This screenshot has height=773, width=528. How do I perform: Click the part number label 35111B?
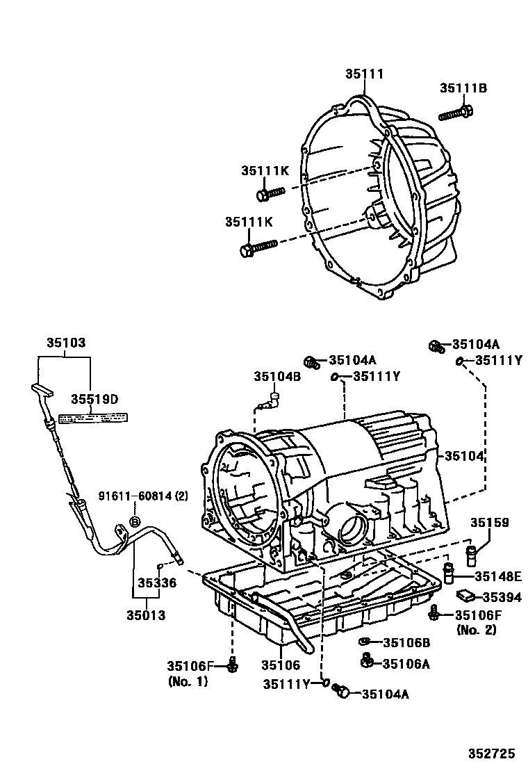pos(463,88)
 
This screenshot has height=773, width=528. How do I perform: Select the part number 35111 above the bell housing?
pos(365,74)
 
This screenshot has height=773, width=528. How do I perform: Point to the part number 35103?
pos(66,343)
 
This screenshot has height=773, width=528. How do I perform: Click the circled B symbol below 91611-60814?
pos(135,521)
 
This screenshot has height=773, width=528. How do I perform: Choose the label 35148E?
pos(497,576)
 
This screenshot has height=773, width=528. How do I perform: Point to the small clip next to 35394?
pos(465,595)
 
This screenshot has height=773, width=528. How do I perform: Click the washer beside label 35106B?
pos(363,642)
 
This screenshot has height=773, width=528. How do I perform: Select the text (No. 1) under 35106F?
pos(188,681)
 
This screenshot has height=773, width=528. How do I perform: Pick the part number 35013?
pos(145,615)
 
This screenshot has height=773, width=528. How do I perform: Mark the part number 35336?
pos(156,583)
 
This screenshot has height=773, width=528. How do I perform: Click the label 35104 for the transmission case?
pos(465,455)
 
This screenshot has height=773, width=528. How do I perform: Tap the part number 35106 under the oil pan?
pos(280,666)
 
